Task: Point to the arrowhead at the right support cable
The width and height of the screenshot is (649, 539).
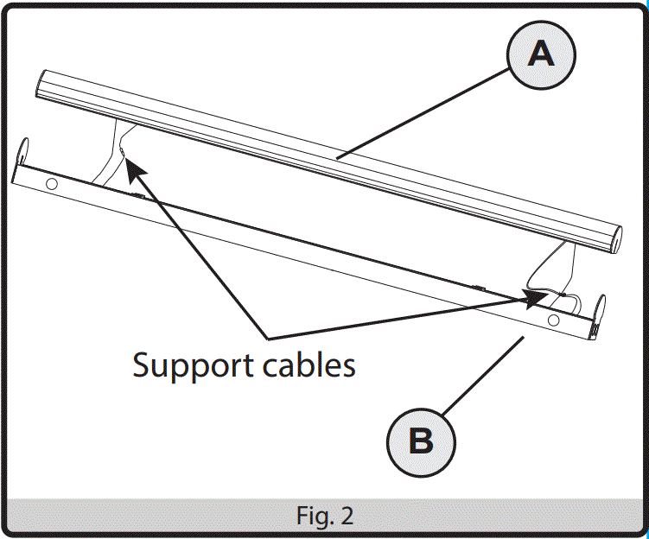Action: click(x=534, y=297)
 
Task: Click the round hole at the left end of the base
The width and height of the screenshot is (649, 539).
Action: click(x=51, y=184)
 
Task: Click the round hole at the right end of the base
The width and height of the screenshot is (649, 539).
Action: click(x=552, y=320)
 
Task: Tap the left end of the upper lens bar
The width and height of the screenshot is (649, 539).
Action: click(x=41, y=85)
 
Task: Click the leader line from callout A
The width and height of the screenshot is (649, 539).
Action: click(x=423, y=112)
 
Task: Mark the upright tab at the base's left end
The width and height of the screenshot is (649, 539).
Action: click(x=24, y=152)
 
